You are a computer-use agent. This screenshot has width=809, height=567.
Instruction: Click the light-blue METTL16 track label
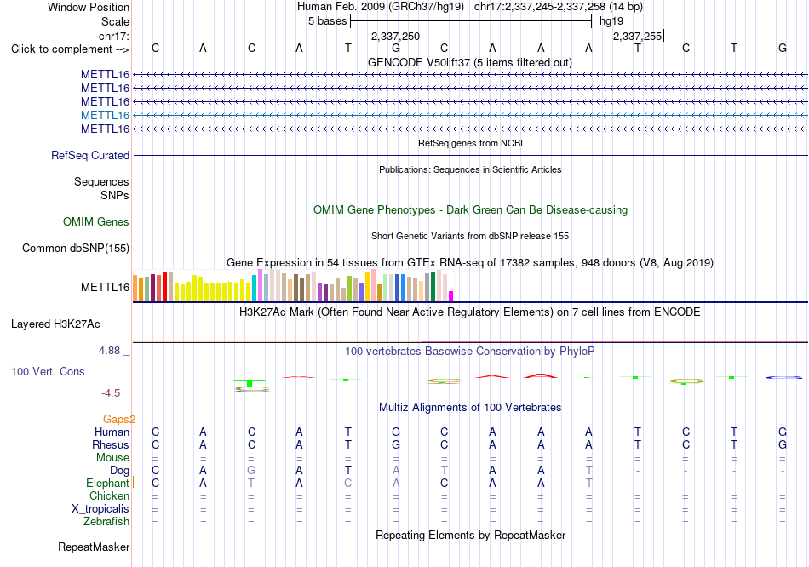tap(106, 115)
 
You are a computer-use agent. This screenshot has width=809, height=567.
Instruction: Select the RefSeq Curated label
tap(90, 155)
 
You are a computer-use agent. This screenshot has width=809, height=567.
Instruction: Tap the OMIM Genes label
tap(96, 222)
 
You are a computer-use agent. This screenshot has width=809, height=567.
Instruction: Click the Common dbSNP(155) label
tap(76, 248)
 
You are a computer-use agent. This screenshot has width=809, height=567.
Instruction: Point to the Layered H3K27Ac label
tap(55, 324)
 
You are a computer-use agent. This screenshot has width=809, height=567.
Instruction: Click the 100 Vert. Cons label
tap(48, 371)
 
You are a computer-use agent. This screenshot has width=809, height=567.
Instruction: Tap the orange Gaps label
tap(118, 419)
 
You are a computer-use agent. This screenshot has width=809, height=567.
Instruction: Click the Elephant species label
tap(107, 484)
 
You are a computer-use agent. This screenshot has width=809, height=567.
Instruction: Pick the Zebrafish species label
tap(106, 522)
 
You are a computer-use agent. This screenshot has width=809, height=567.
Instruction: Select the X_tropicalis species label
tap(100, 509)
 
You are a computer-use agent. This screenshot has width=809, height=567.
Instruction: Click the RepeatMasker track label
tap(94, 547)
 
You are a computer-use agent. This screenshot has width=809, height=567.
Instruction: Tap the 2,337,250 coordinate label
tap(396, 36)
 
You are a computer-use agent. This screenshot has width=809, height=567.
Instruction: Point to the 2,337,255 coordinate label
tap(637, 36)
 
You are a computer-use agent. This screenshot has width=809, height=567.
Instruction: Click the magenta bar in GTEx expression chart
tap(451, 295)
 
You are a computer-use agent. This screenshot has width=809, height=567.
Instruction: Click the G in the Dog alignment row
tap(251, 470)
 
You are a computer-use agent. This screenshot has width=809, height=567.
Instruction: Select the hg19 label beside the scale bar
tap(611, 21)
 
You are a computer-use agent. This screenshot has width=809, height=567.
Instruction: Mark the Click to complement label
tap(70, 49)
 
